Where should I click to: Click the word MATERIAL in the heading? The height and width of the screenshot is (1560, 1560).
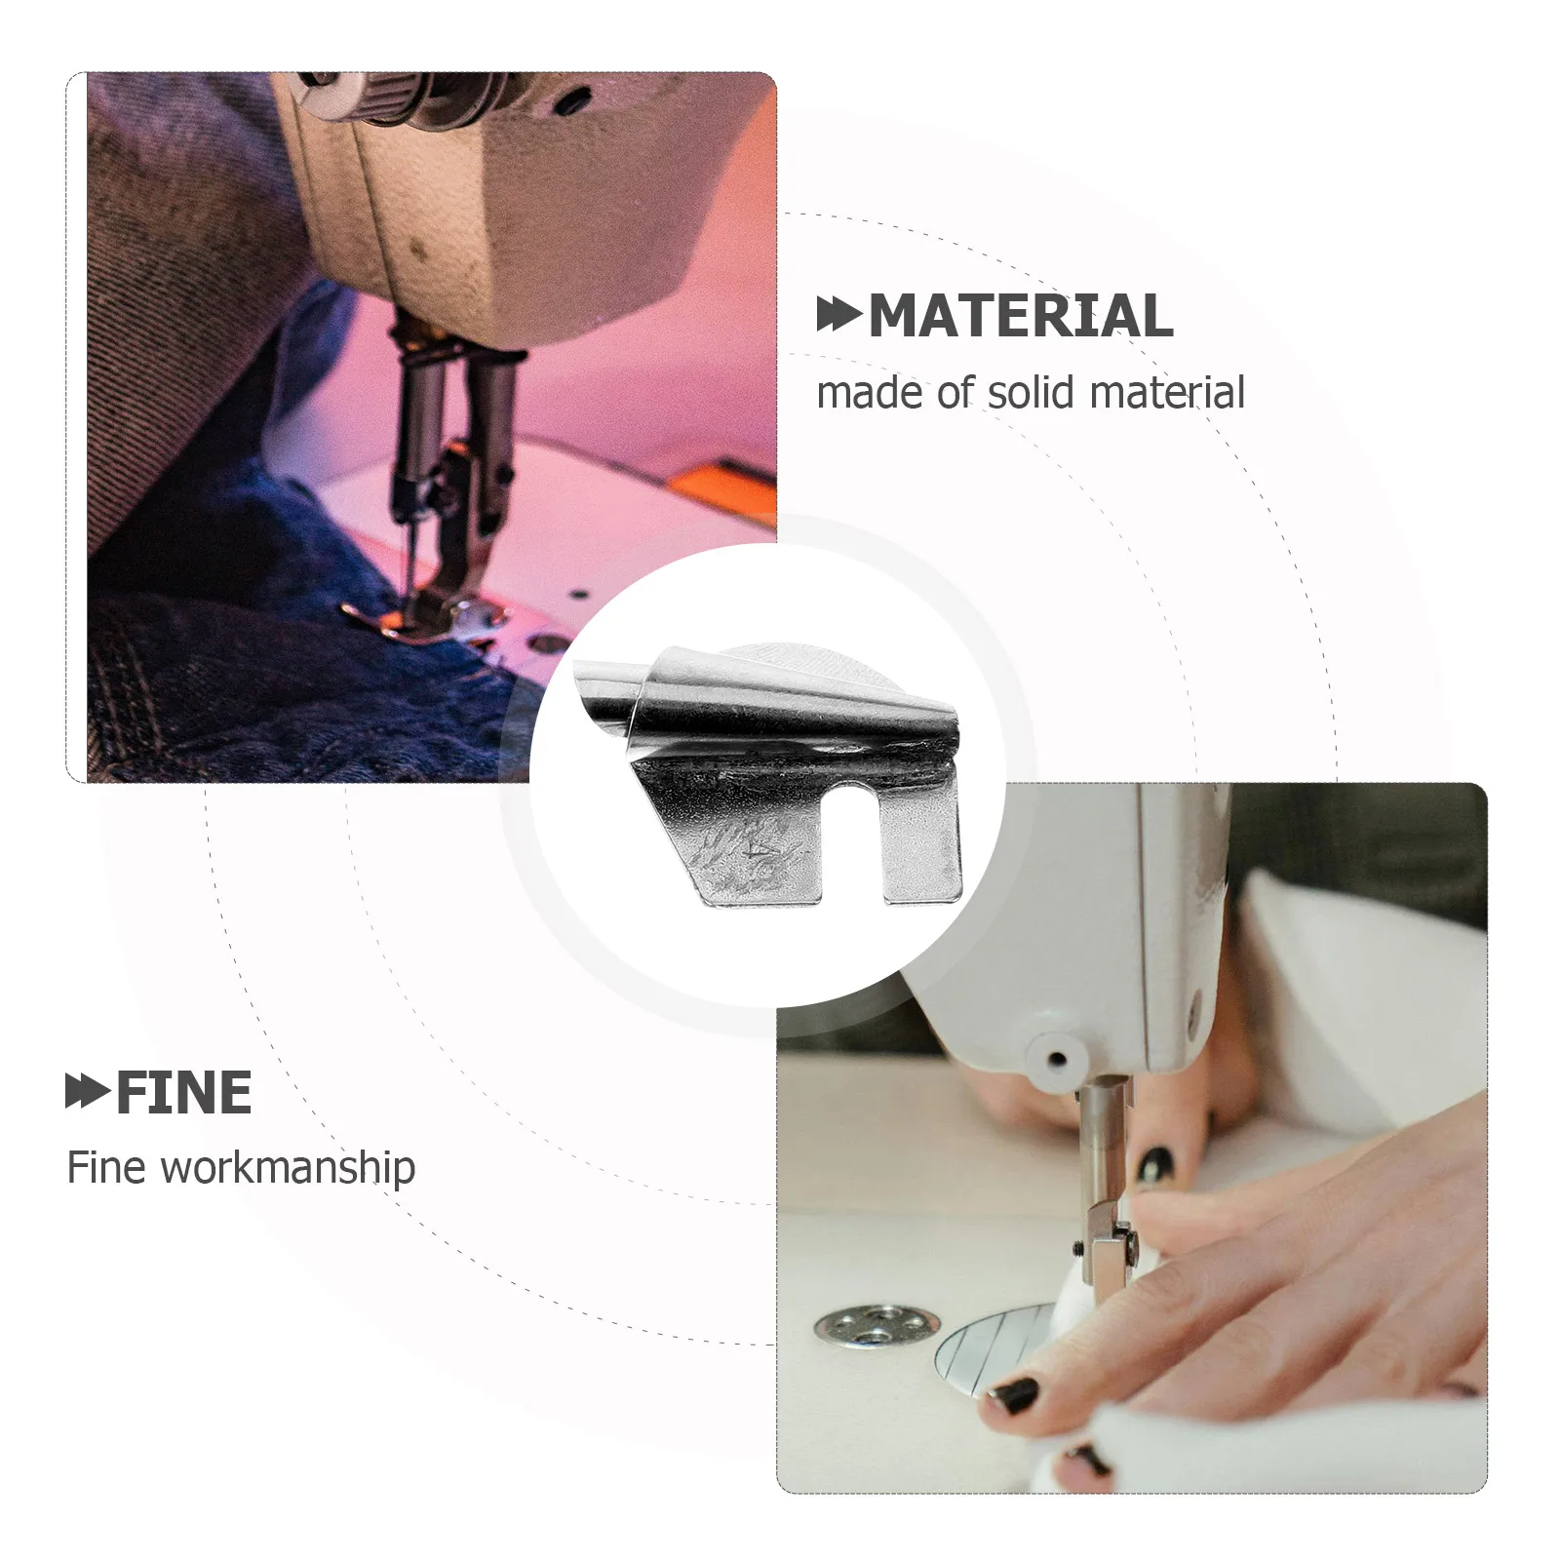pos(1020,316)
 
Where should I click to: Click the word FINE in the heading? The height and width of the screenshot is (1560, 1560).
pos(183,1093)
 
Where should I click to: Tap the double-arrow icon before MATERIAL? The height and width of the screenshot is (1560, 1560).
pos(838,316)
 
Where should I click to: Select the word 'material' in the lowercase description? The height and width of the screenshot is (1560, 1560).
pos(1167,393)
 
